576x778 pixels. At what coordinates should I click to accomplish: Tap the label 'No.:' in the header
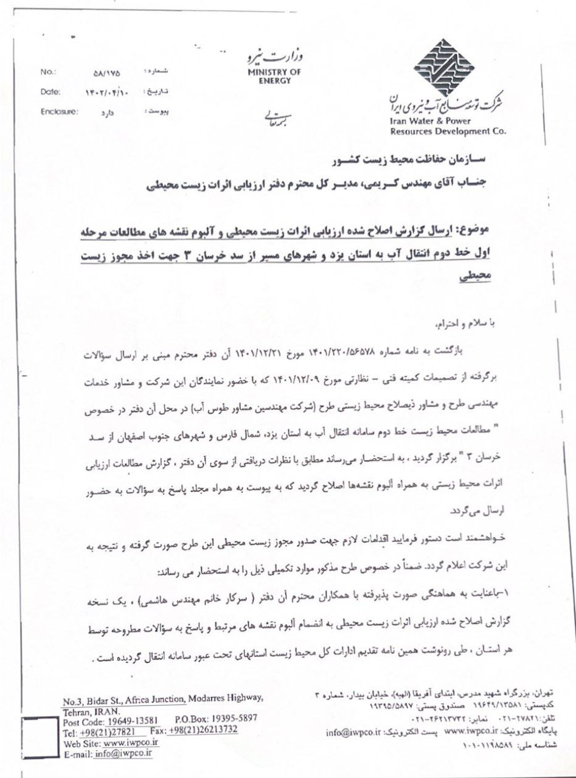pos(48,72)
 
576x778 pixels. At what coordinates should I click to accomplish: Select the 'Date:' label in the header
pos(50,92)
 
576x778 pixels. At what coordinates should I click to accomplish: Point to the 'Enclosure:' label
pos(58,112)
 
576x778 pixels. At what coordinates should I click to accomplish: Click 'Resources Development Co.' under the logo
pos(440,131)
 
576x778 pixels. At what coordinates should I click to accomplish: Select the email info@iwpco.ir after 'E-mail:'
pos(123,753)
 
